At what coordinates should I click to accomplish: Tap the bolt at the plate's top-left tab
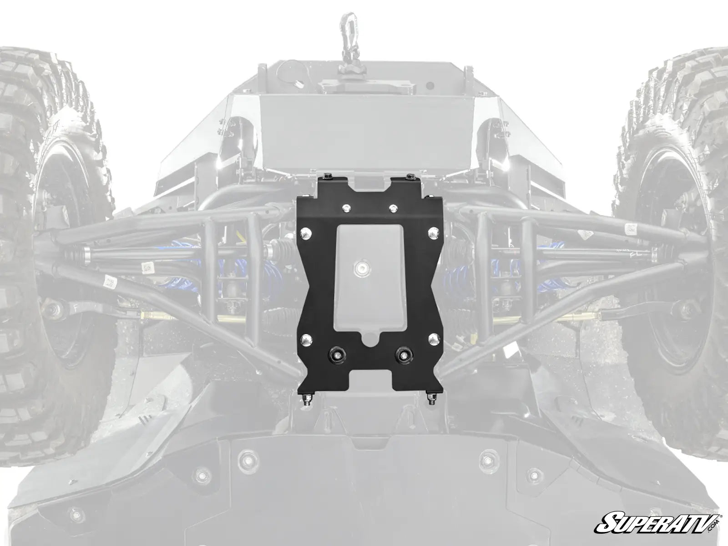(327, 176)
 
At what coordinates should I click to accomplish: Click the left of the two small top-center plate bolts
(345, 207)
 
